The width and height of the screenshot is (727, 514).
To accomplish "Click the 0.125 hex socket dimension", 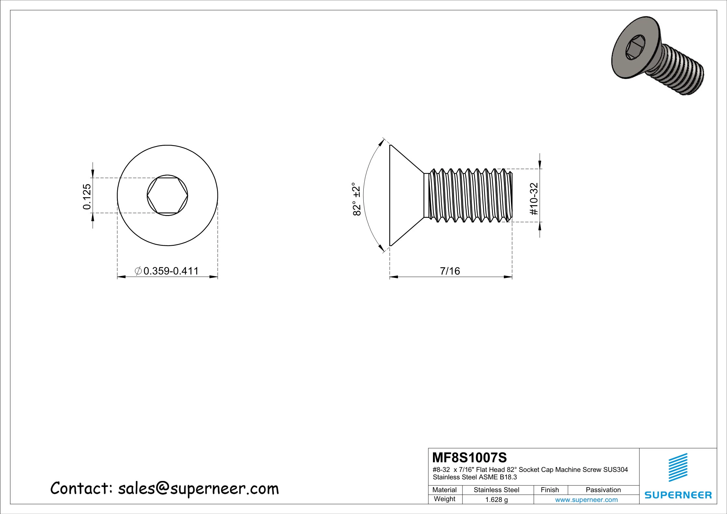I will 87,197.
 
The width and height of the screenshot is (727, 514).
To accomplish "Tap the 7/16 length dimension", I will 450,271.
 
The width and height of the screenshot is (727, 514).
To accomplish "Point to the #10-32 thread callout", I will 534,199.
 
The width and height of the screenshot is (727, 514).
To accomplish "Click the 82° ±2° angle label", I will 356,199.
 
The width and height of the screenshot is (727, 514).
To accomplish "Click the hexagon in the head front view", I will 167,196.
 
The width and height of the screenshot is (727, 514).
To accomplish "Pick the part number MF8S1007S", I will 469,458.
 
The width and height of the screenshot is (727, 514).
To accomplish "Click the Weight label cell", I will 445,499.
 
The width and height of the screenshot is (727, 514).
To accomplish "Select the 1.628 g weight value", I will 496,499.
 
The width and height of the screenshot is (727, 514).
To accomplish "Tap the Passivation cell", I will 603,490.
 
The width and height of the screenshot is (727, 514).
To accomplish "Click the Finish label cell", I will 550,490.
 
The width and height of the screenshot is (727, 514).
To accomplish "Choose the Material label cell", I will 445,490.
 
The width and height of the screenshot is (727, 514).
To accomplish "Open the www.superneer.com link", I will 586,499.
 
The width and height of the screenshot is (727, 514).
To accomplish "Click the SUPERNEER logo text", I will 678,495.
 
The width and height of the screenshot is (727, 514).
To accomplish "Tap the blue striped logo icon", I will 678,467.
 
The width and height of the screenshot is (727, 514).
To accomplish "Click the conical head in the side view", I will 405,196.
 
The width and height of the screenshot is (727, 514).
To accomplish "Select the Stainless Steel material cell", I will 496,490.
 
